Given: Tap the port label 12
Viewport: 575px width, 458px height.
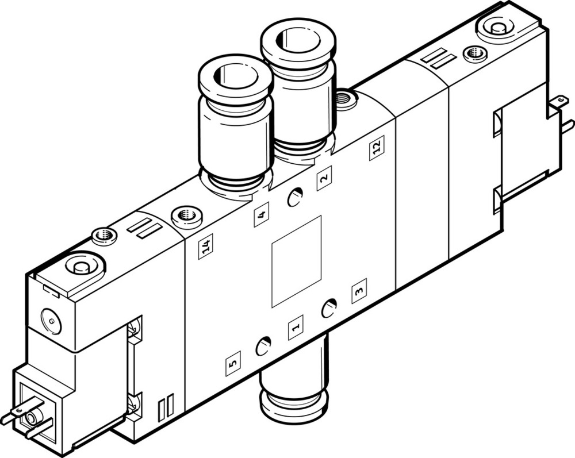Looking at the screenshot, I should (x=377, y=148).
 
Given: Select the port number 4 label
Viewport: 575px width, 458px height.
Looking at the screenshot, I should (x=261, y=215).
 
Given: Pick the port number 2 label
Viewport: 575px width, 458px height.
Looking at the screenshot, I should (x=324, y=178).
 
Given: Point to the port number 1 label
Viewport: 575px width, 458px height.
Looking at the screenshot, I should (x=296, y=328).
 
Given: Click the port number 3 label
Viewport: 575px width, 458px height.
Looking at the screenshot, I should (x=359, y=290).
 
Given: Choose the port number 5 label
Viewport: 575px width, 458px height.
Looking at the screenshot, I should (x=233, y=363).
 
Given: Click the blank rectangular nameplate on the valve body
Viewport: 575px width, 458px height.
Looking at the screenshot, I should (x=296, y=261).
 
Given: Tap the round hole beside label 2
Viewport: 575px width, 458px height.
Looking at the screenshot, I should (x=294, y=197).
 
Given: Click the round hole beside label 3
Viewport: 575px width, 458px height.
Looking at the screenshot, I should (x=329, y=309).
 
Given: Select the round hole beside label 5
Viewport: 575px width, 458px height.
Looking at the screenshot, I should (x=263, y=347).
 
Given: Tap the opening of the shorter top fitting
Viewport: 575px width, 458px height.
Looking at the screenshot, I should (x=234, y=75).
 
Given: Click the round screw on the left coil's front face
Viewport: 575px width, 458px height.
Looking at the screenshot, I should (x=50, y=321).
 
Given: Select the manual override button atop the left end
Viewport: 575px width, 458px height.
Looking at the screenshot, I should (x=78, y=266).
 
